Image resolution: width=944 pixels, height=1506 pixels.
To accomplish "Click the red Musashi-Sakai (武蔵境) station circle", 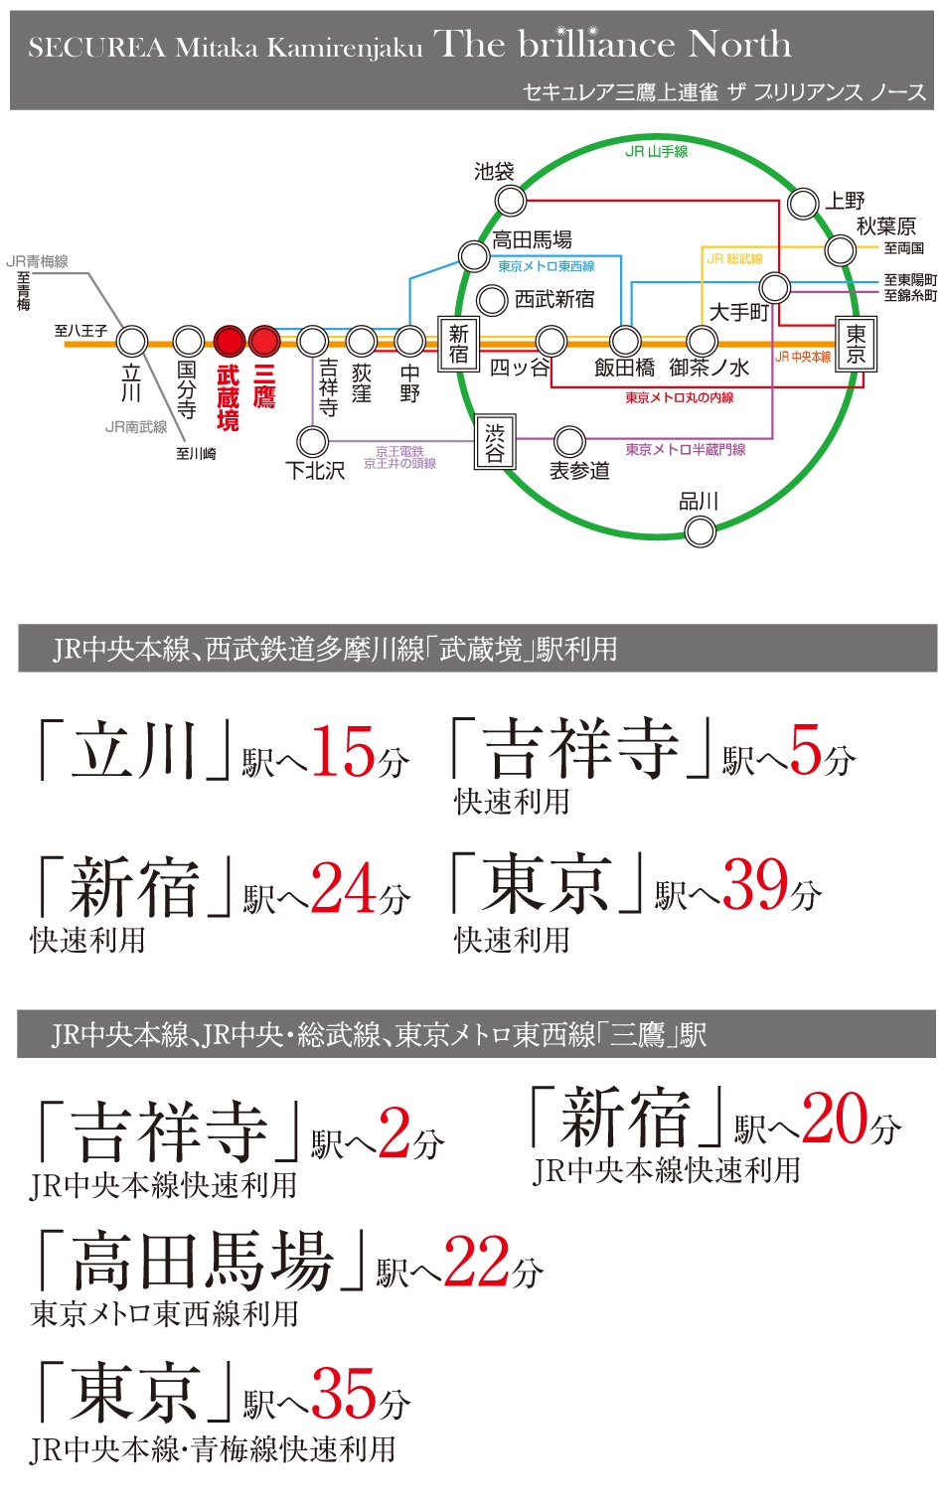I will pyautogui.click(x=230, y=342).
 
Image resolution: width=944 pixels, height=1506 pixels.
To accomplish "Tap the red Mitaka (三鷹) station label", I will pyautogui.click(x=264, y=386).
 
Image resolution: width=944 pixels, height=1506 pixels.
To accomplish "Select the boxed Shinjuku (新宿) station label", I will pyautogui.click(x=458, y=343).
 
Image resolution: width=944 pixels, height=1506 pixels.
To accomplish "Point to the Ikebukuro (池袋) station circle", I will pyautogui.click(x=511, y=201).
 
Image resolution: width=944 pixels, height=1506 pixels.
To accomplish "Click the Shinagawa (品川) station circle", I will pyautogui.click(x=701, y=531).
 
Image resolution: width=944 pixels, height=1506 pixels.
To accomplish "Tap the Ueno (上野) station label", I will pyautogui.click(x=845, y=201).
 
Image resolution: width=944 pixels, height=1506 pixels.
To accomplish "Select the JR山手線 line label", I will pyautogui.click(x=657, y=152).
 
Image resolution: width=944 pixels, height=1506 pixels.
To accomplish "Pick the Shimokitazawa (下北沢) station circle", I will pyautogui.click(x=313, y=441).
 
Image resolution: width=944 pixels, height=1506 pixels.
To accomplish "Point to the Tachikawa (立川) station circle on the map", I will pyautogui.click(x=132, y=342).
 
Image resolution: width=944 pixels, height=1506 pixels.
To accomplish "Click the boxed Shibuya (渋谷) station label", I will pyautogui.click(x=494, y=442).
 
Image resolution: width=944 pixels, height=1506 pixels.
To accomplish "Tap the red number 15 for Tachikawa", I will pyautogui.click(x=344, y=752).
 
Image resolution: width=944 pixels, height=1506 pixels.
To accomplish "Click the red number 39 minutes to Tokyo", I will pyautogui.click(x=756, y=884).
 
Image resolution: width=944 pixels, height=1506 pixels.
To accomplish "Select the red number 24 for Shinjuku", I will pyautogui.click(x=344, y=887).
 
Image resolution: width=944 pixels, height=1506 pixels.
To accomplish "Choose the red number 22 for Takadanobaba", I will pyautogui.click(x=477, y=1262).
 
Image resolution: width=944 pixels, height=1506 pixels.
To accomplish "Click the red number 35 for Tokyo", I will pyautogui.click(x=345, y=1393).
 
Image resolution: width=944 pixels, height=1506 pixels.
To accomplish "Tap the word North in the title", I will pyautogui.click(x=740, y=45).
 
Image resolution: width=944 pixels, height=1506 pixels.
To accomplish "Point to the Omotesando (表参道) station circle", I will pyautogui.click(x=569, y=441).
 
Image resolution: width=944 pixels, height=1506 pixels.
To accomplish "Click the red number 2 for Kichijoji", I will pyautogui.click(x=394, y=1132).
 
